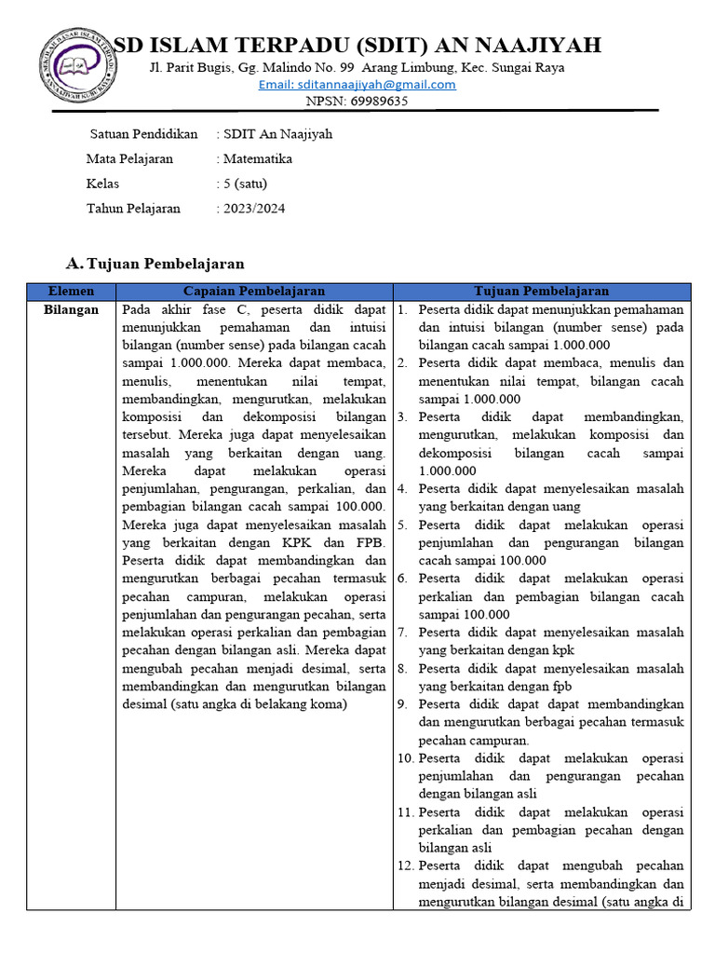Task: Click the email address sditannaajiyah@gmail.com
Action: [x=357, y=85]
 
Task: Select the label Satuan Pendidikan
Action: [x=143, y=134]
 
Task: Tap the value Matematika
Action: [x=258, y=159]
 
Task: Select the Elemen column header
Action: [x=71, y=292]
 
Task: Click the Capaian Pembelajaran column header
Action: [x=253, y=292]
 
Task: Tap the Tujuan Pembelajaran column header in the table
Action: [x=541, y=292]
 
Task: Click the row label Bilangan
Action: [x=71, y=310]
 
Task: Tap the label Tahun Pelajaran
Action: [x=133, y=209]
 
